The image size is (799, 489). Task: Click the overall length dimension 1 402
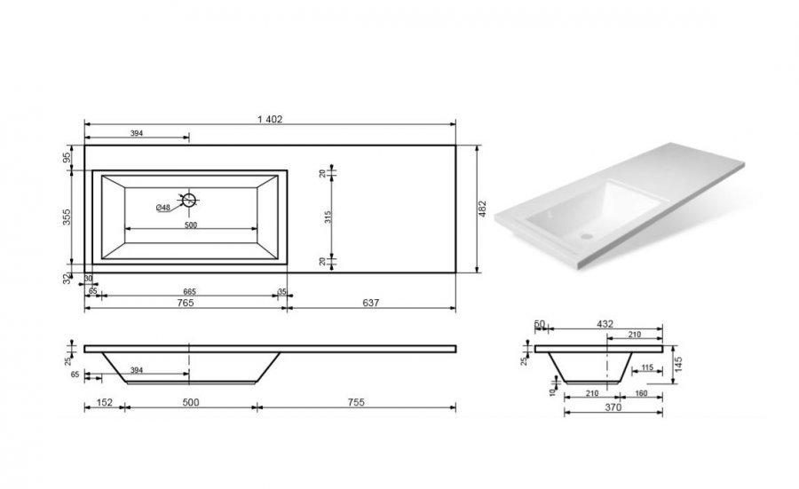[x=270, y=119]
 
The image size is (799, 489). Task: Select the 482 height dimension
[x=483, y=209]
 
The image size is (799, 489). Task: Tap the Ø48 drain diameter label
[x=163, y=208]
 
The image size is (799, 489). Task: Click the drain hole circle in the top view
[x=189, y=200]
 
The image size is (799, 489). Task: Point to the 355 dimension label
[x=67, y=217]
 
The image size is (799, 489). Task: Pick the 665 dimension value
[x=190, y=292]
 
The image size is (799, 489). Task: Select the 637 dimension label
[x=370, y=303]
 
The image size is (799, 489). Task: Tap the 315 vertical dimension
[x=328, y=217]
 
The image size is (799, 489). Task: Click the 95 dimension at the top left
[x=67, y=158]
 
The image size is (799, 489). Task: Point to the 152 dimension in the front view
[x=104, y=402]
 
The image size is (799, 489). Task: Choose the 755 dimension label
[x=356, y=402]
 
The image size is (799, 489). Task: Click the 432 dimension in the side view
[x=605, y=324]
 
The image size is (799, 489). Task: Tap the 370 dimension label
[x=613, y=407]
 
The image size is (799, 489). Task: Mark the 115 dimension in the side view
[x=646, y=367]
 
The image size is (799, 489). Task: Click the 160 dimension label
[x=641, y=393]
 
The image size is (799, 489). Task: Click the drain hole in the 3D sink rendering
[x=587, y=236]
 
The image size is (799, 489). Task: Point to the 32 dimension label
[x=67, y=279]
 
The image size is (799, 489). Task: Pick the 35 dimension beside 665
[x=282, y=292]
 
